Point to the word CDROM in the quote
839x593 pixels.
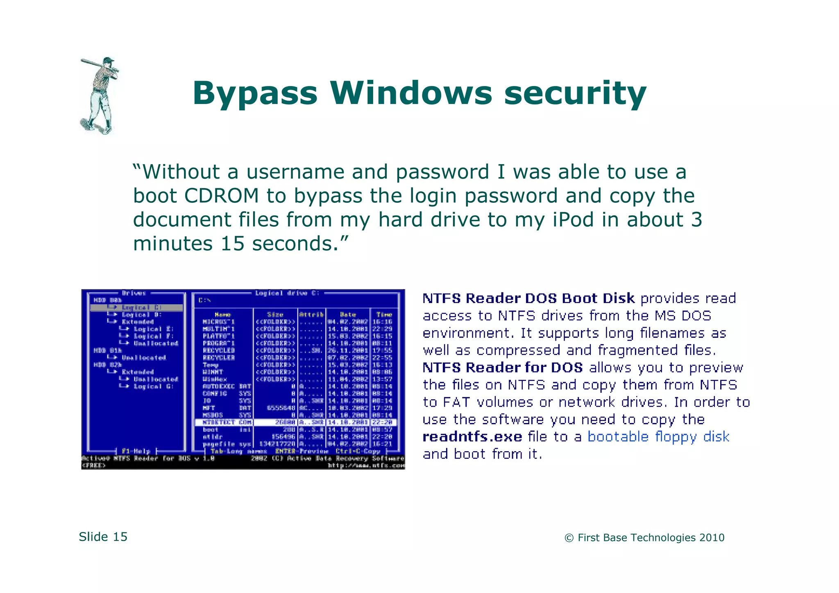(x=221, y=196)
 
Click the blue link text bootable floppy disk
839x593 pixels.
(x=658, y=437)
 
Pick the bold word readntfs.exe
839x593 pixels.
(x=472, y=437)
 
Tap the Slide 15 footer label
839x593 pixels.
(x=103, y=537)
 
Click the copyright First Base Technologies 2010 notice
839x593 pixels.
(x=644, y=538)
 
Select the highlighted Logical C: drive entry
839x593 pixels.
(x=141, y=308)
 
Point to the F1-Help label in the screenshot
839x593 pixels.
(x=136, y=451)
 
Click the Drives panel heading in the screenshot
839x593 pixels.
(x=134, y=293)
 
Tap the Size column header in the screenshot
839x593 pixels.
(x=275, y=315)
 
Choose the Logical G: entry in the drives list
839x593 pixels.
(x=154, y=387)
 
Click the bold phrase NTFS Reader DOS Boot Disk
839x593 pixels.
(x=528, y=299)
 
